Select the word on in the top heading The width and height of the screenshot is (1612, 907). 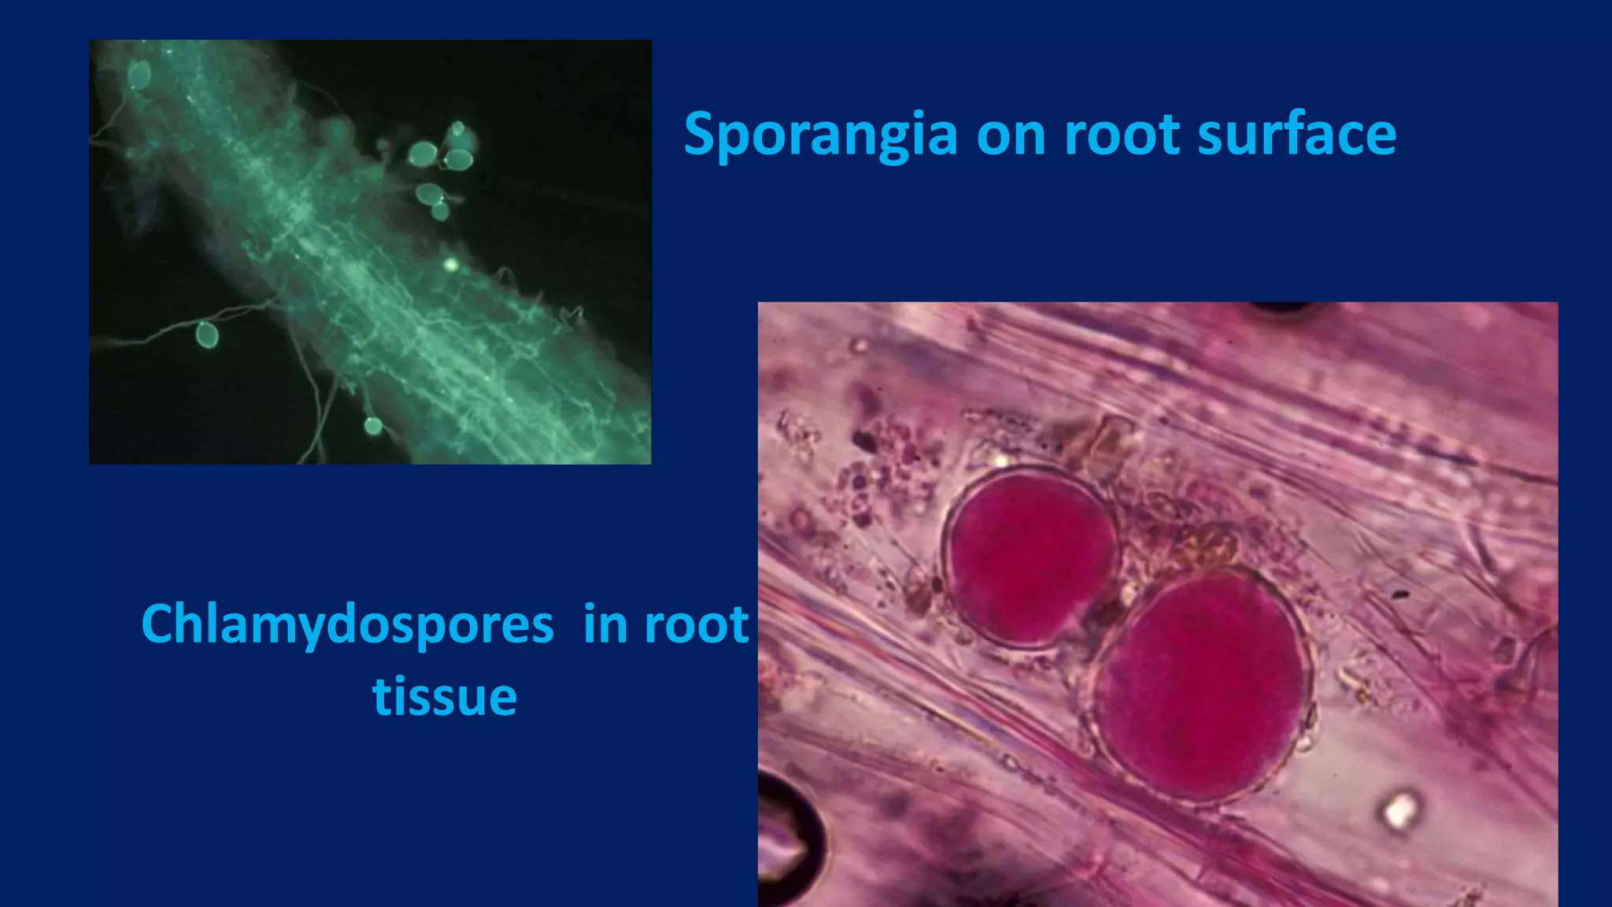[1010, 135]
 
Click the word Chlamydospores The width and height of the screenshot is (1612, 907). [347, 625]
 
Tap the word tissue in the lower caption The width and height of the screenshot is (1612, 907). [445, 697]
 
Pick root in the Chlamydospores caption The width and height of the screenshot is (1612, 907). [696, 625]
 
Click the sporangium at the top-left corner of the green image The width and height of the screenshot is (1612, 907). [139, 76]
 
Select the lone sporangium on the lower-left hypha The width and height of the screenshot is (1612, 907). [206, 335]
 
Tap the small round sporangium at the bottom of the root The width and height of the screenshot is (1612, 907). [373, 426]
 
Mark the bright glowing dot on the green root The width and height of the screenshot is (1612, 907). [451, 265]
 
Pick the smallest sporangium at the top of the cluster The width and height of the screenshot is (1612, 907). [457, 128]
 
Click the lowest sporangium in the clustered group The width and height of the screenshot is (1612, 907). [440, 210]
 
